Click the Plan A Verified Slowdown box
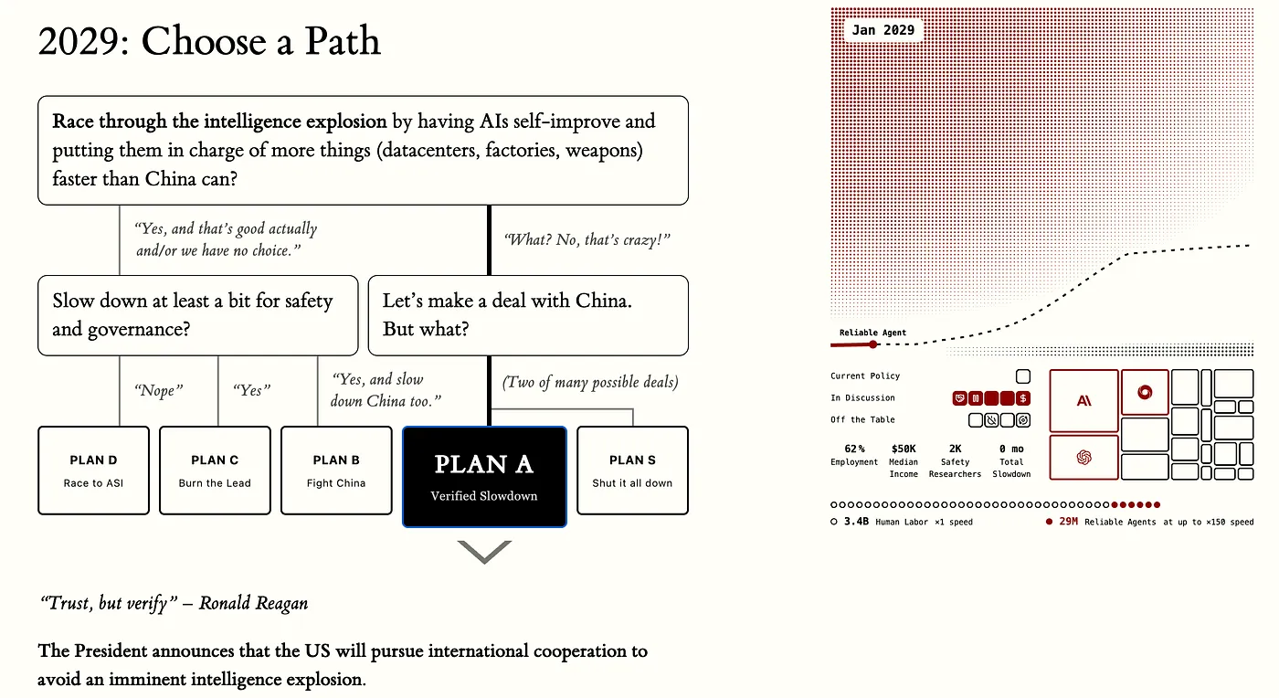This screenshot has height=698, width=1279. [484, 476]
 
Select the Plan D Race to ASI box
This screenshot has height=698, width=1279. [93, 471]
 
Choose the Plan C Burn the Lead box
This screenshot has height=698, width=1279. [215, 471]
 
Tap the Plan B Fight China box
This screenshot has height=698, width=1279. [336, 471]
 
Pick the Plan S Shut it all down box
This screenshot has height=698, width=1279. [632, 471]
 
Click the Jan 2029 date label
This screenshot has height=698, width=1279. [883, 30]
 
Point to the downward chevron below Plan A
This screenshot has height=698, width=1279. [484, 552]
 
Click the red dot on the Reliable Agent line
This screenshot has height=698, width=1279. [873, 344]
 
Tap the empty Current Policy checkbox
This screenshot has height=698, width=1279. [1023, 376]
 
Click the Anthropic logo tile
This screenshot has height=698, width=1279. [1083, 400]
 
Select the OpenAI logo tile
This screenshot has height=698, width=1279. [1083, 458]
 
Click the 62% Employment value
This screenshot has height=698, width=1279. [854, 449]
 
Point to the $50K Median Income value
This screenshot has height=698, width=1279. [904, 449]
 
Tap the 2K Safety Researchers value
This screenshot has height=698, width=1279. [955, 449]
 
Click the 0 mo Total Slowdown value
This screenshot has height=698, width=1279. [1011, 449]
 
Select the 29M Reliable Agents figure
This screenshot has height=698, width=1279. [1068, 522]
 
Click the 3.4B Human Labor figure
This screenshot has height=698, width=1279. [856, 522]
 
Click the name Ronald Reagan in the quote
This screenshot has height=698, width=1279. [254, 603]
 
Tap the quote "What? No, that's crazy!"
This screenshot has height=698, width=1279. [587, 239]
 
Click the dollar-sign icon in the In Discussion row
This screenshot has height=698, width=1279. [1023, 398]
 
